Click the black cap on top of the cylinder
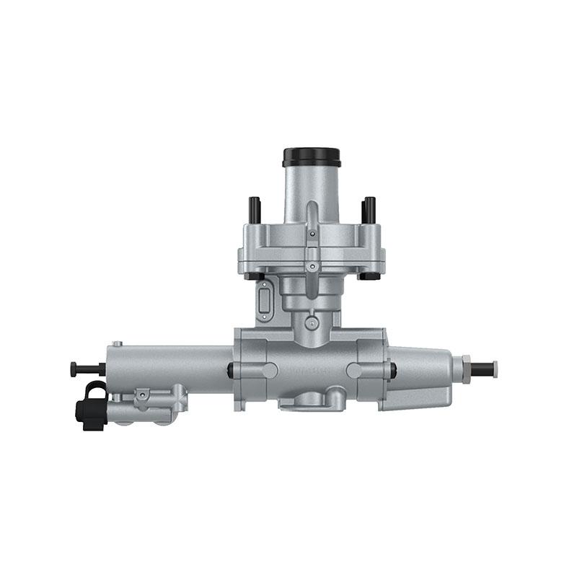tap(312, 157)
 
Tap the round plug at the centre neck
tap(311, 322)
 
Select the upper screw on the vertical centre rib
tap(312, 234)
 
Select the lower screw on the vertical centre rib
tap(312, 266)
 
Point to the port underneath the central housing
tap(312, 399)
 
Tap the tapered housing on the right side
tap(418, 376)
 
